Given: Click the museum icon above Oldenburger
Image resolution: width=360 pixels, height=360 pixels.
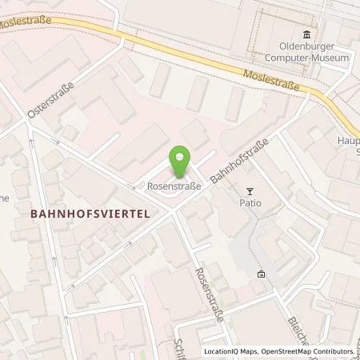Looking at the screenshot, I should pyautogui.click(x=307, y=34).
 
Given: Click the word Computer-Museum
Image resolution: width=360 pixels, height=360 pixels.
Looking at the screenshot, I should pyautogui.click(x=307, y=58).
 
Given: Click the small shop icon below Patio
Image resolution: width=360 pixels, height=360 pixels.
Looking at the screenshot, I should pyautogui.click(x=261, y=274).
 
